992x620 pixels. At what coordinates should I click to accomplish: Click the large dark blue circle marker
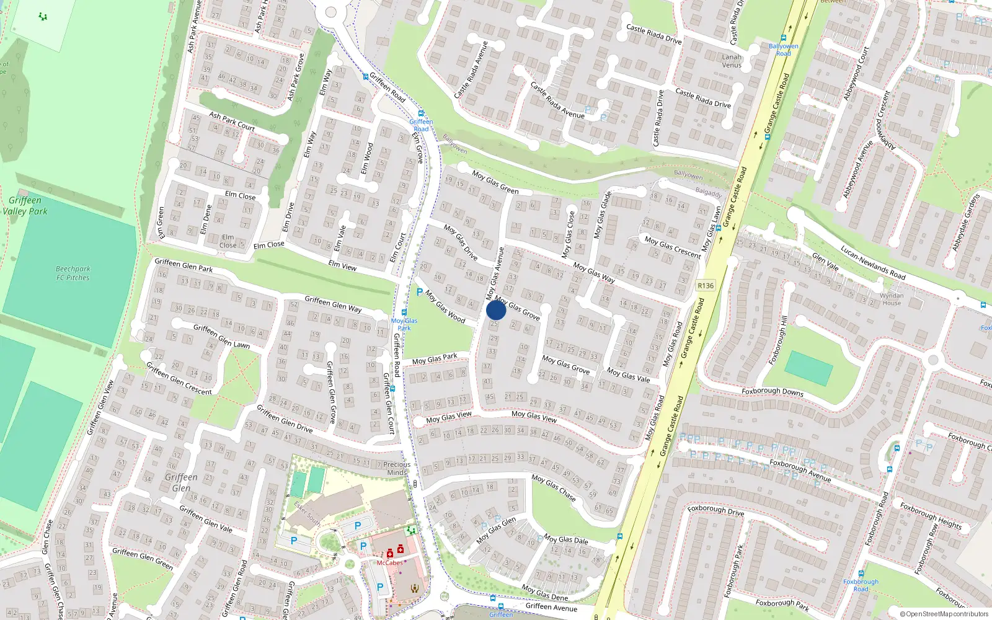pyautogui.click(x=496, y=310)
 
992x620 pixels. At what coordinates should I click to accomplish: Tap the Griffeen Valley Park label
pyautogui.click(x=25, y=205)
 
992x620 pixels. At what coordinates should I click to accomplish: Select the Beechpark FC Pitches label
pyautogui.click(x=73, y=273)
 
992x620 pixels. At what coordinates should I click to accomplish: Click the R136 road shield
pyautogui.click(x=706, y=286)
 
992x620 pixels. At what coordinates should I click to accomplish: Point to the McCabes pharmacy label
pyautogui.click(x=389, y=563)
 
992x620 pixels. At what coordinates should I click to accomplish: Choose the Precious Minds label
pyautogui.click(x=397, y=468)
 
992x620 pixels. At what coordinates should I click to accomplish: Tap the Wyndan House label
pyautogui.click(x=892, y=299)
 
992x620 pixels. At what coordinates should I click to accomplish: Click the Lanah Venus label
pyautogui.click(x=732, y=61)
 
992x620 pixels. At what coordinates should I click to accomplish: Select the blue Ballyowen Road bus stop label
pyautogui.click(x=784, y=50)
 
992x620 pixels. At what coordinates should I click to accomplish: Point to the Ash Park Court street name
pyautogui.click(x=232, y=121)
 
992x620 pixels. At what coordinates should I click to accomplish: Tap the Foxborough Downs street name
pyautogui.click(x=773, y=392)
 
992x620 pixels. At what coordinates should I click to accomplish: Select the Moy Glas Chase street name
pyautogui.click(x=554, y=488)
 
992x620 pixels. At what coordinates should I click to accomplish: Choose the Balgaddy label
pyautogui.click(x=709, y=193)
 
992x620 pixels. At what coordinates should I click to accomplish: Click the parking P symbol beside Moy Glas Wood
pyautogui.click(x=419, y=292)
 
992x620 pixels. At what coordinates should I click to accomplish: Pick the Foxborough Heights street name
pyautogui.click(x=931, y=516)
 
